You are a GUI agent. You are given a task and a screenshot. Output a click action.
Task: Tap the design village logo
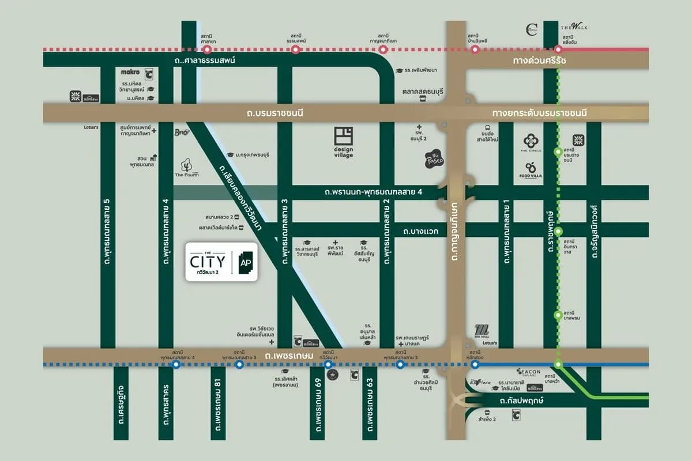click(x=343, y=142)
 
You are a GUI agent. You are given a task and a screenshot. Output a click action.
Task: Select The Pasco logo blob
click(x=434, y=158)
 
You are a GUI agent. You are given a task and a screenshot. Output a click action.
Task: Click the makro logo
click(x=131, y=72)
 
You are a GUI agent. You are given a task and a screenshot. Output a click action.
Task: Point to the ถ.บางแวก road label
click(x=421, y=231)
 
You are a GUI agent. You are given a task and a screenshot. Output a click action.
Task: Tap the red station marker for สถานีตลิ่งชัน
click(x=558, y=50)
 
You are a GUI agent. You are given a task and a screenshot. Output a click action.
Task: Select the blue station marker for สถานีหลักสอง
click(x=475, y=364)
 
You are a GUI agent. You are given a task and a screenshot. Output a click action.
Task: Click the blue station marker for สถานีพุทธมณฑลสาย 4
click(x=176, y=364)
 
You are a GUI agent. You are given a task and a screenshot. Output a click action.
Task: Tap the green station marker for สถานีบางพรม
click(x=558, y=315)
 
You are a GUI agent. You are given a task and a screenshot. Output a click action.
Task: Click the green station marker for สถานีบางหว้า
click(x=558, y=364)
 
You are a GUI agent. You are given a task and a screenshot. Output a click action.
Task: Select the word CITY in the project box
click(x=207, y=262)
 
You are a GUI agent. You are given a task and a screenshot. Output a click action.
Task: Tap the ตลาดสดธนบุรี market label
click(x=423, y=91)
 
